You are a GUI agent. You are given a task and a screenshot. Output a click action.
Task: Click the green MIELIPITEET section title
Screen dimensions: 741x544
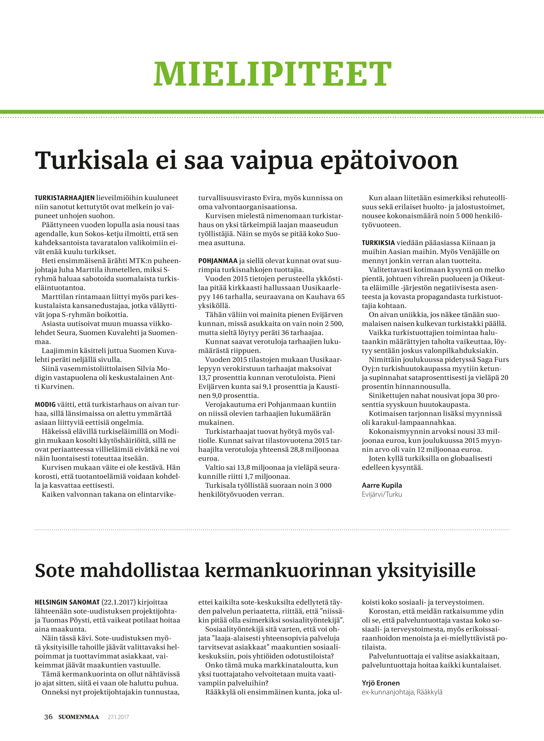272,73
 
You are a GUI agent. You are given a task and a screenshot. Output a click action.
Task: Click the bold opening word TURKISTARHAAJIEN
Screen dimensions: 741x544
65,198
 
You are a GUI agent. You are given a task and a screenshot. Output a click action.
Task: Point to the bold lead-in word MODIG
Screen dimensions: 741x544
45,405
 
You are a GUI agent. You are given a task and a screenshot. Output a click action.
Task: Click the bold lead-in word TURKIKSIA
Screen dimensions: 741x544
378,243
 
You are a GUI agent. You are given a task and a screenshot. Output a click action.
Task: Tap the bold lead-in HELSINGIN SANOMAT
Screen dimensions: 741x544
67,602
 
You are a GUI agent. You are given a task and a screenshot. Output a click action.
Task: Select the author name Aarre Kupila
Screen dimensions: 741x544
382,485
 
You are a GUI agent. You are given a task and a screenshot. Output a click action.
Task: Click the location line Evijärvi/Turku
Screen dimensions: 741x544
382,494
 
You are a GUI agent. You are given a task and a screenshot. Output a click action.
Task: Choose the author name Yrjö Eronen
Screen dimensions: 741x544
381,683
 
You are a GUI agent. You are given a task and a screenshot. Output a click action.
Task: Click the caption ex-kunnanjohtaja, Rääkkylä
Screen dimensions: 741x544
402,692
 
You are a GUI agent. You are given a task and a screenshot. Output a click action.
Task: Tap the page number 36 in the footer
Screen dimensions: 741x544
48,717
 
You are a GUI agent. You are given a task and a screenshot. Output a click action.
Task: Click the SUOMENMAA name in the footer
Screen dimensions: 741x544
78,717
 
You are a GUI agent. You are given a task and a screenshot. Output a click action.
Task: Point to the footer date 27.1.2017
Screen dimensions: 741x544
118,717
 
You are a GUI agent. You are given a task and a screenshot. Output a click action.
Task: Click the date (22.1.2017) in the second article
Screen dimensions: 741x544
119,602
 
